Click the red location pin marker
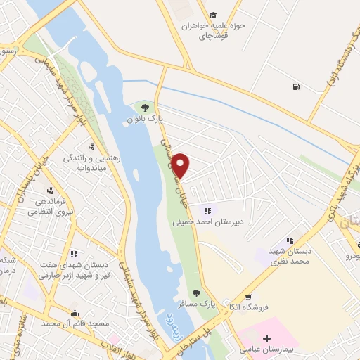tap(181, 167)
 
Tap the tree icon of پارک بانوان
tap(144, 108)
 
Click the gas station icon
tap(294, 87)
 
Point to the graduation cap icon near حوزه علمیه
tap(213, 15)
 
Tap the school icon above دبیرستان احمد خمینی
tap(207, 210)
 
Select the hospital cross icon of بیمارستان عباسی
tap(266, 339)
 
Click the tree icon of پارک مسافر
tap(196, 292)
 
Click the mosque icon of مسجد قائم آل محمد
tap(75, 313)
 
